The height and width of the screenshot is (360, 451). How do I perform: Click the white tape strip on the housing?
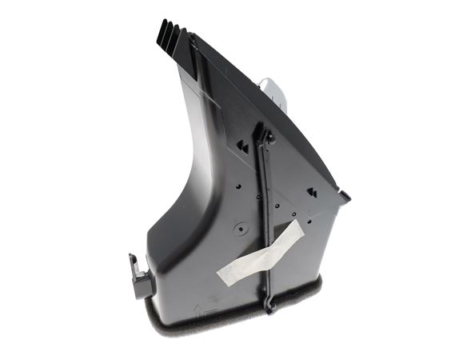point(260,254)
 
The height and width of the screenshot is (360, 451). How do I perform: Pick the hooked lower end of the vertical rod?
point(270,305)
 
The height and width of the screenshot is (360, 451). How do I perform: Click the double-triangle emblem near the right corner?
point(313,193)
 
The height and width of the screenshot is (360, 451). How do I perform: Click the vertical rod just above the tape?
point(265,216)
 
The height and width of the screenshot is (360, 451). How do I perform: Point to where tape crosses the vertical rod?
point(267,249)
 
